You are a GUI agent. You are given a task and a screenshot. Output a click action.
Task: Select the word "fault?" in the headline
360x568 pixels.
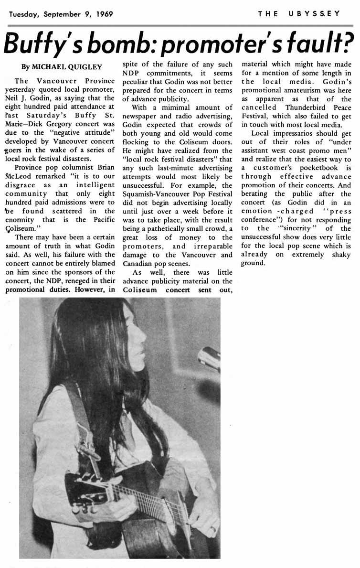[315, 44]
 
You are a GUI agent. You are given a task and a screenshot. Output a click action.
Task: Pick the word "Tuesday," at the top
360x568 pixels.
[24, 14]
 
